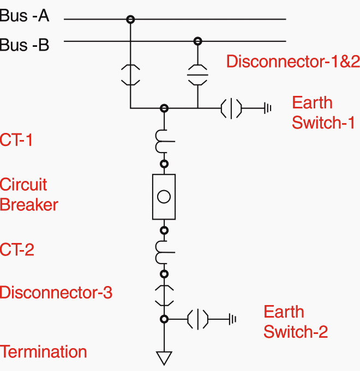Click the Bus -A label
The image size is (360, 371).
(25, 16)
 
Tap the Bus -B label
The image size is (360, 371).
(25, 45)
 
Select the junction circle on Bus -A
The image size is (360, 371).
(130, 19)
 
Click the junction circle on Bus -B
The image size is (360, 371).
(198, 41)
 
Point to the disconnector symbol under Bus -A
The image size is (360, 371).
(130, 75)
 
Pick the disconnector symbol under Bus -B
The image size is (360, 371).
(198, 75)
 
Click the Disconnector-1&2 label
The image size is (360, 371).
(293, 61)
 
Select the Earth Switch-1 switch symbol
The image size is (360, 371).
(231, 108)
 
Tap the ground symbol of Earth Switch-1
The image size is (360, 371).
(268, 108)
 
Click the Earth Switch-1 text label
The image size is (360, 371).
(323, 112)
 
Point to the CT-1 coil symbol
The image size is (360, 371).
(164, 141)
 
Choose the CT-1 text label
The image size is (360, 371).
(16, 139)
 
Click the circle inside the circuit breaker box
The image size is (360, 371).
(164, 197)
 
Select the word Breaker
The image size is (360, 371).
(29, 205)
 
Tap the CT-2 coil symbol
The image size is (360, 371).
(164, 252)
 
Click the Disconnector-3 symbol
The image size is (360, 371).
(164, 296)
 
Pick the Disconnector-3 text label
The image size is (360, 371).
(56, 292)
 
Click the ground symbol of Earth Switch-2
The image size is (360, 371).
(232, 319)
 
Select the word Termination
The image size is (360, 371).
(43, 351)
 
